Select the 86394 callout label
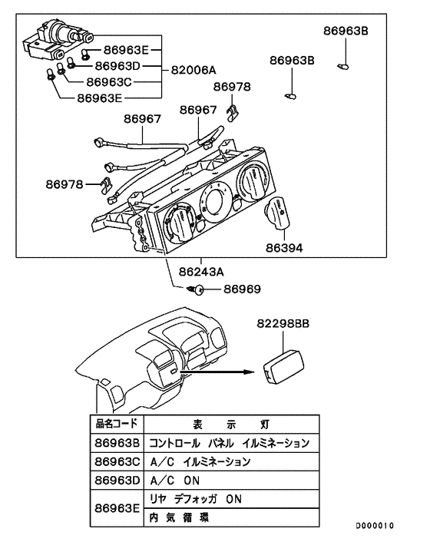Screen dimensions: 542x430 pos(285,248)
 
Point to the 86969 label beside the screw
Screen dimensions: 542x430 pos(243,289)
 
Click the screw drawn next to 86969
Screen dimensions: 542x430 pos(197,289)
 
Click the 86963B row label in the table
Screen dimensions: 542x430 pos(116,443)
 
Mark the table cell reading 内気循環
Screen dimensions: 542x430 pos(178,517)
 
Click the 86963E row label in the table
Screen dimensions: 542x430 pos(116,507)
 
